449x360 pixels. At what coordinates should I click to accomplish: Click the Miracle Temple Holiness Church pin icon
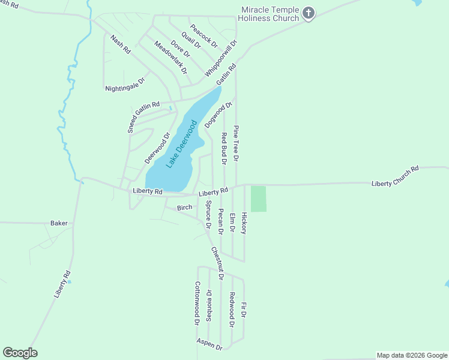(309, 13)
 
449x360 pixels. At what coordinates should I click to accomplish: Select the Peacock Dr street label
(203, 36)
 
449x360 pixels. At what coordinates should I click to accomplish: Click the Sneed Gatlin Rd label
(143, 116)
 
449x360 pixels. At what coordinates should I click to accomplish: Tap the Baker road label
(59, 223)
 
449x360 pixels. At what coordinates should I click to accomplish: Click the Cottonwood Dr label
(197, 303)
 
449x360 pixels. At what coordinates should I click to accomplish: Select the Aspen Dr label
(209, 344)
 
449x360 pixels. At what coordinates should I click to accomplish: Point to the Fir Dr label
(244, 310)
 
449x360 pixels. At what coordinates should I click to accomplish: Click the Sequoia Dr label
(208, 305)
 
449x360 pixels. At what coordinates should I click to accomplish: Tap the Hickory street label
(244, 223)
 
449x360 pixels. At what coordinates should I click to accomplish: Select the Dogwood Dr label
(218, 115)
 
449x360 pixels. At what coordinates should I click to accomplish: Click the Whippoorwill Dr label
(221, 58)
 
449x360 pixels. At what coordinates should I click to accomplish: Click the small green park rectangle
(258, 199)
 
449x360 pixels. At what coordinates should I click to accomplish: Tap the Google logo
(20, 353)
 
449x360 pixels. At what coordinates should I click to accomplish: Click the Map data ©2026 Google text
(412, 355)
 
